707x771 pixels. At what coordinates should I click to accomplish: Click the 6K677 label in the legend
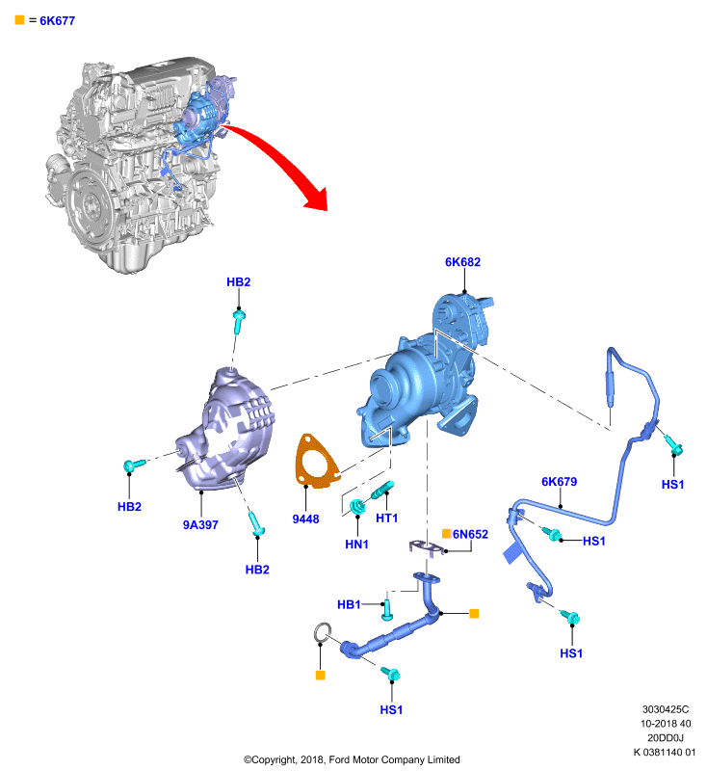[x=57, y=20]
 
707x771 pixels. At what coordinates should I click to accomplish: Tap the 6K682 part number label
[x=462, y=262]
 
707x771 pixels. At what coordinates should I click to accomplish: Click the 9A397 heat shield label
[x=200, y=524]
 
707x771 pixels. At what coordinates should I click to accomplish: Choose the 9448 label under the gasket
[x=305, y=518]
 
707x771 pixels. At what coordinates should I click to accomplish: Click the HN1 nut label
[x=356, y=545]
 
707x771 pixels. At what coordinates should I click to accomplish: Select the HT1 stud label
[x=386, y=518]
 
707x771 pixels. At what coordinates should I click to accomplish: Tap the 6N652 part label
[x=470, y=534]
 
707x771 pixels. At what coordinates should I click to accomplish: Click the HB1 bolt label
[x=349, y=604]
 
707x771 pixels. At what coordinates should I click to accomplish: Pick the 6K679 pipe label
[x=559, y=481]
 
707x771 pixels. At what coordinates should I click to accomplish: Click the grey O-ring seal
[x=323, y=632]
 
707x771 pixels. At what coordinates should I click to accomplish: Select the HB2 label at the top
[x=238, y=281]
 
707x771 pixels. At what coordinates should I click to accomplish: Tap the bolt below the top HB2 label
[x=239, y=321]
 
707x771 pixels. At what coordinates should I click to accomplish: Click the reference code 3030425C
[x=666, y=709]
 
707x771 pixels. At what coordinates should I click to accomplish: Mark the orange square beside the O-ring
[x=321, y=676]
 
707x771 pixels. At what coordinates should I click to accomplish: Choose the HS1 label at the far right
[x=672, y=485]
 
